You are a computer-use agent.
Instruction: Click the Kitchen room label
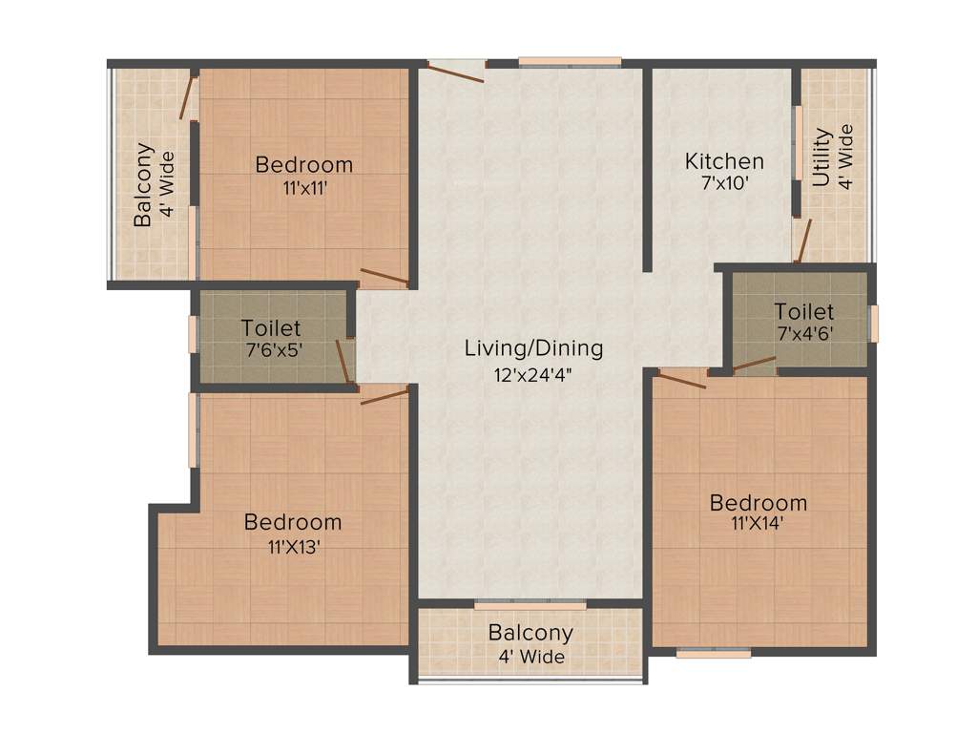pos(724,161)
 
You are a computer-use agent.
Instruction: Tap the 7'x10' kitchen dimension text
pos(724,183)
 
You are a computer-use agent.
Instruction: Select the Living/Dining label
pos(533,347)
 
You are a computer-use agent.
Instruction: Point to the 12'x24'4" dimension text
pos(533,372)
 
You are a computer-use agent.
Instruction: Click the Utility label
pos(821,157)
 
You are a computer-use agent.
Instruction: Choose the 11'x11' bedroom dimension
pos(303,188)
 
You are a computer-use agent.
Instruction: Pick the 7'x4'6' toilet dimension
pos(803,333)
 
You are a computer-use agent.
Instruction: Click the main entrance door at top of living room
pos(456,72)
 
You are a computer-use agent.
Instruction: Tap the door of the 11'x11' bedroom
pos(384,278)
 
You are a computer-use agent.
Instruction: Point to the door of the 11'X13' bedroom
pos(385,394)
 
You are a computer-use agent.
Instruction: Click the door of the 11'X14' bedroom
pos(681,379)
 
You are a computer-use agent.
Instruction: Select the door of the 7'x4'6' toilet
pos(754,364)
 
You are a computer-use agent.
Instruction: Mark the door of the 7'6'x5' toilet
pos(343,361)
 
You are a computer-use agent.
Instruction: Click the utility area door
pos(803,241)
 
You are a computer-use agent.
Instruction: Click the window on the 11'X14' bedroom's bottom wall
pos(713,654)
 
